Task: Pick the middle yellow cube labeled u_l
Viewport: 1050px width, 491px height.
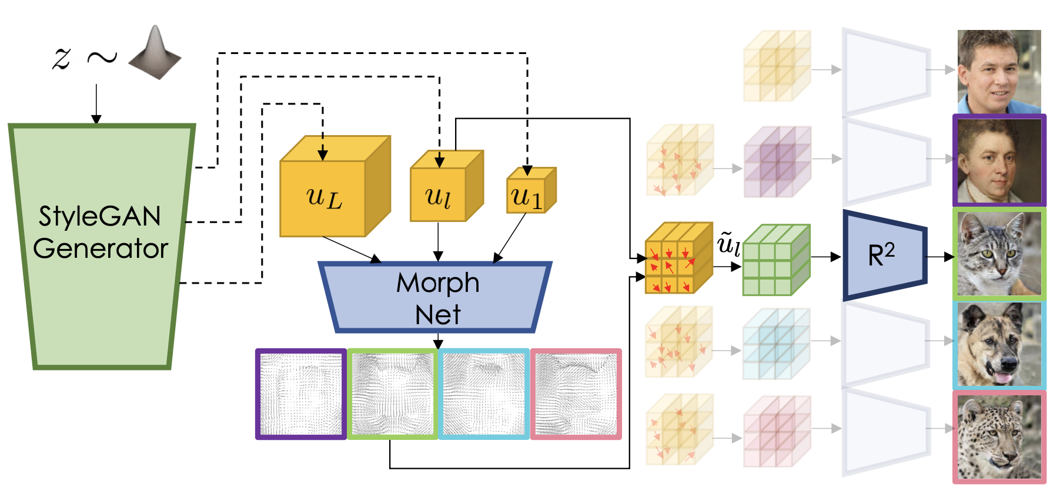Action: (439, 194)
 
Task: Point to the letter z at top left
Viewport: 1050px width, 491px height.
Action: (62, 58)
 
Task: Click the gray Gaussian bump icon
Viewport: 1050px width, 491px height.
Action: (155, 53)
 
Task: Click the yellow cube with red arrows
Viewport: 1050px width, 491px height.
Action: (676, 258)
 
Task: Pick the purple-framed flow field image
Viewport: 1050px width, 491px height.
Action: (301, 394)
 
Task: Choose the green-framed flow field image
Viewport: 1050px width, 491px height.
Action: (393, 394)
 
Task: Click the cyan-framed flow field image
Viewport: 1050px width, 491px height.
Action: (484, 394)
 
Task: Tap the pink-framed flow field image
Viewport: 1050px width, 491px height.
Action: (576, 394)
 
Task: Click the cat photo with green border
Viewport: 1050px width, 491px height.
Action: (999, 254)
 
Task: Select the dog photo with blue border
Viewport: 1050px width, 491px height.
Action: (999, 345)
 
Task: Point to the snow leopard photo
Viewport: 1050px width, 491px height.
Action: (999, 437)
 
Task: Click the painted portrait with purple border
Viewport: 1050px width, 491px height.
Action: (999, 161)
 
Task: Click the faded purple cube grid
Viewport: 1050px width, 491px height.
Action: (776, 162)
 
